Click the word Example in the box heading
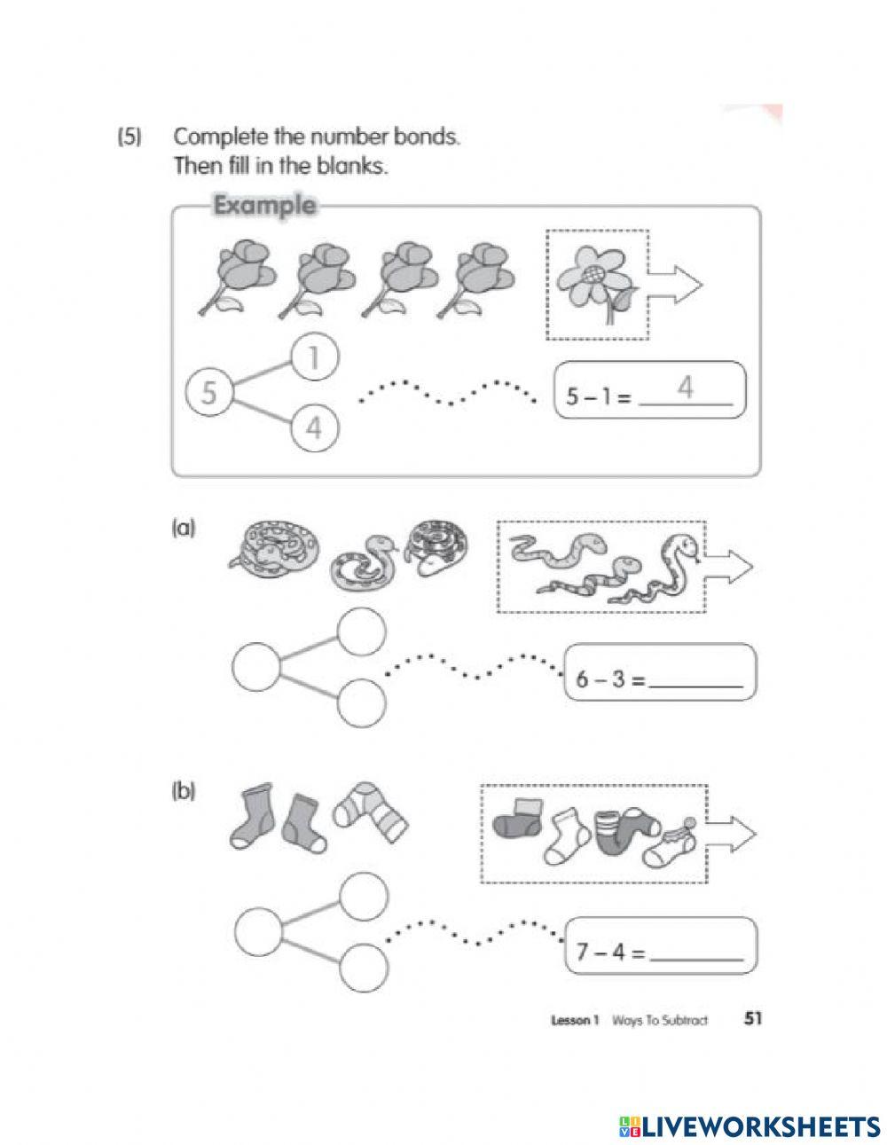[x=264, y=206]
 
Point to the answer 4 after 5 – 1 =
[x=684, y=388]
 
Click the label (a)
[x=183, y=529]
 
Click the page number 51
[x=753, y=1019]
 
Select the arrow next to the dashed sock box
[x=733, y=833]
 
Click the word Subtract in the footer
[x=685, y=1020]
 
